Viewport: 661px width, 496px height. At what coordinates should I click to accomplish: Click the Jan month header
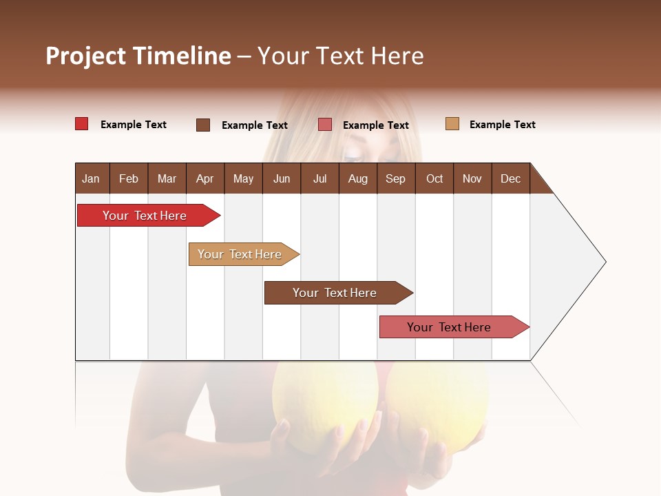91,178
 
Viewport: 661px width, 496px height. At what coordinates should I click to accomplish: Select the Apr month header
204,178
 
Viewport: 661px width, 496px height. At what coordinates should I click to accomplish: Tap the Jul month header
319,178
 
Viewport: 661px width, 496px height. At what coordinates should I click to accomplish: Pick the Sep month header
395,178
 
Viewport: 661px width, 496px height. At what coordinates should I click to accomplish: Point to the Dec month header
510,178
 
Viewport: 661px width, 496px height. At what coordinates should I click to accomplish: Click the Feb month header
129,178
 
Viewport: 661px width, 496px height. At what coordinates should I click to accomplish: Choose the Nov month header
472,178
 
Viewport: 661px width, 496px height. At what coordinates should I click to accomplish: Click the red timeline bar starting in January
145,216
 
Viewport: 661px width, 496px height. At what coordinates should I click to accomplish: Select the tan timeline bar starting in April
240,254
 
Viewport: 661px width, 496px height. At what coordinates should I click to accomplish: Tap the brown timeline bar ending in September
335,293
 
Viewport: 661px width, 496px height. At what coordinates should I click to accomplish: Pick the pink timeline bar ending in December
449,327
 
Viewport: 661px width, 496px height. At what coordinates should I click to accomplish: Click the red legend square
82,124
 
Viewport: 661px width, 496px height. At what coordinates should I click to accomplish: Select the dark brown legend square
203,125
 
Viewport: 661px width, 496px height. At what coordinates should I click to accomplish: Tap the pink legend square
325,125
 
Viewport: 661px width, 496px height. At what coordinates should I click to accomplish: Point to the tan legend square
452,124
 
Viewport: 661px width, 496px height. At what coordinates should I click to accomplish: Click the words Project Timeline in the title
138,56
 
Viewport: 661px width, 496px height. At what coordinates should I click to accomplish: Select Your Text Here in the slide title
340,56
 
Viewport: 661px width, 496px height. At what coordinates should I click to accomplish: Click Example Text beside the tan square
502,125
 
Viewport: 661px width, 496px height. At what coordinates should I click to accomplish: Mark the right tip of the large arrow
605,262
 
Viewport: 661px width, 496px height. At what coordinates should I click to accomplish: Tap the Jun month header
282,178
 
